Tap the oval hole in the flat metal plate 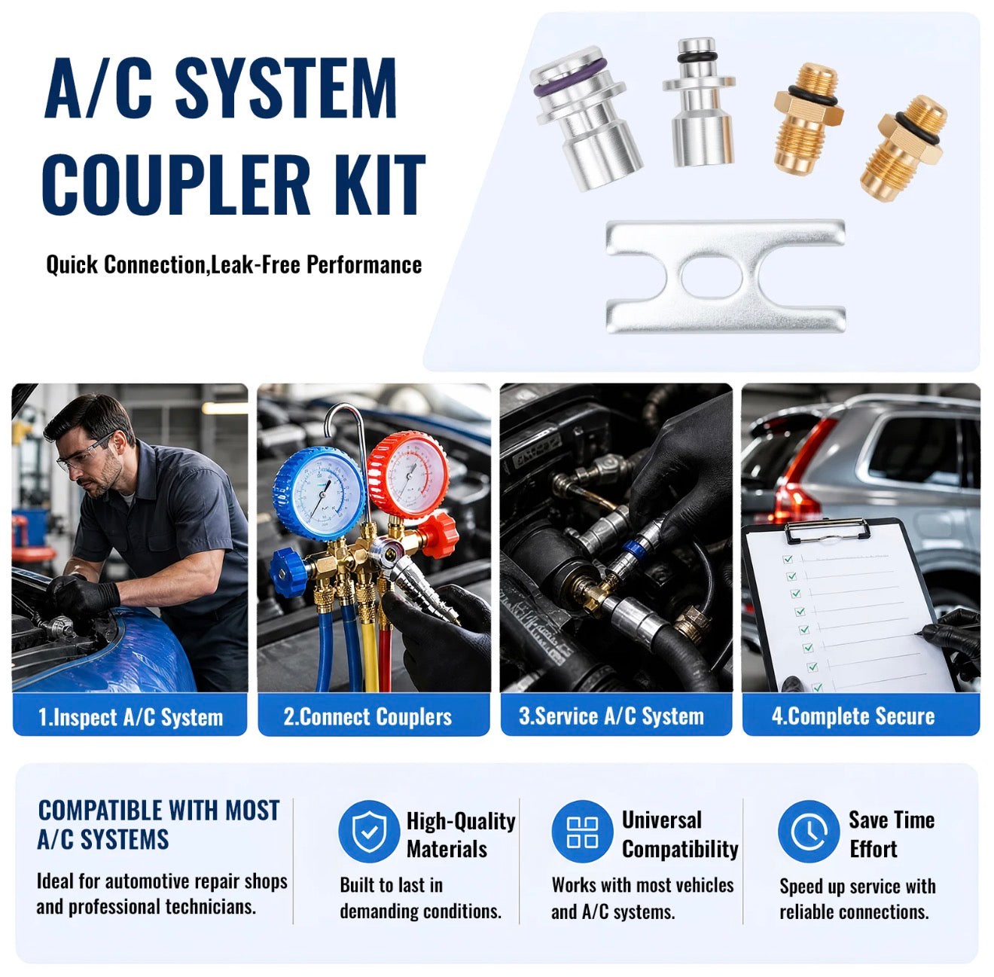712,277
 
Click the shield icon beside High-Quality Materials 369,832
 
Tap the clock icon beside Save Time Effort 808,832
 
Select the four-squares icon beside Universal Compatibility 582,832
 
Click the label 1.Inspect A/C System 130,717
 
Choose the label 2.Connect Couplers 367,717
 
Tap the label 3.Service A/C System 611,716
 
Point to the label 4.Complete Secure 853,716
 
